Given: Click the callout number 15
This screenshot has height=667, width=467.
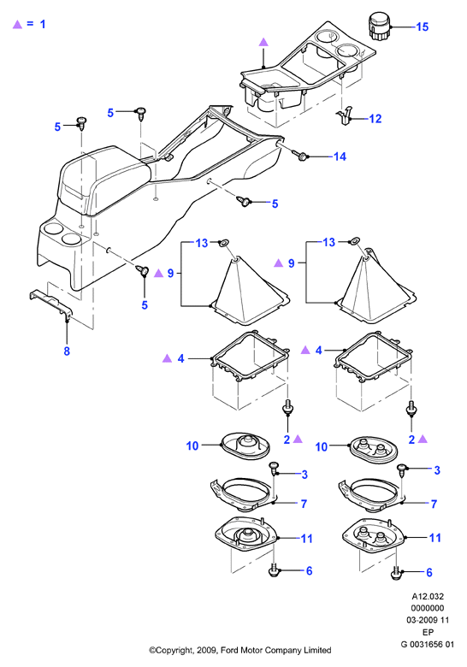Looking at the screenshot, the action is coord(422,27).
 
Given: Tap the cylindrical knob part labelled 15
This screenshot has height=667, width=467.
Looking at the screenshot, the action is coord(378,26).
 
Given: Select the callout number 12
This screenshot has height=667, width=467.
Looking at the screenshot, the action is coord(375,119).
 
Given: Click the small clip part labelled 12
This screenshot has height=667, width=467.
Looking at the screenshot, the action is coord(346,115).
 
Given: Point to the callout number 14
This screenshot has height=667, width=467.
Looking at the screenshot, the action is coord(340,156).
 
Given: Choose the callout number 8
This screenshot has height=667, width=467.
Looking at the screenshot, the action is coord(67,351).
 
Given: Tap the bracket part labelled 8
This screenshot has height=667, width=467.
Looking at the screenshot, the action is coord(51,304).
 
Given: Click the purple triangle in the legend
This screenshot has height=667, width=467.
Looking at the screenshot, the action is coord(17,24).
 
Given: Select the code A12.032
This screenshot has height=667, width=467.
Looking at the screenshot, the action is coord(428,596).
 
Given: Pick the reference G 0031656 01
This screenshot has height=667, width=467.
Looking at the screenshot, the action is coord(428,644).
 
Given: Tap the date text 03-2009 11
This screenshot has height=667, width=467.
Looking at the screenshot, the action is coord(428,620).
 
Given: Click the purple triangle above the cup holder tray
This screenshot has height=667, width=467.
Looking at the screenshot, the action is coord(263,42).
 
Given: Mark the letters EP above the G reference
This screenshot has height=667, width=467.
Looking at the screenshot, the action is coord(428,632).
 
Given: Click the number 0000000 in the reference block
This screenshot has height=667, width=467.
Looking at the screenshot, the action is coord(428,608).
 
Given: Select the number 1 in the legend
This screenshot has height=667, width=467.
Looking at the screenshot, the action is coord(43,24).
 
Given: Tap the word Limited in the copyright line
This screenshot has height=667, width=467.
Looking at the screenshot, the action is coord(317,650).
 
